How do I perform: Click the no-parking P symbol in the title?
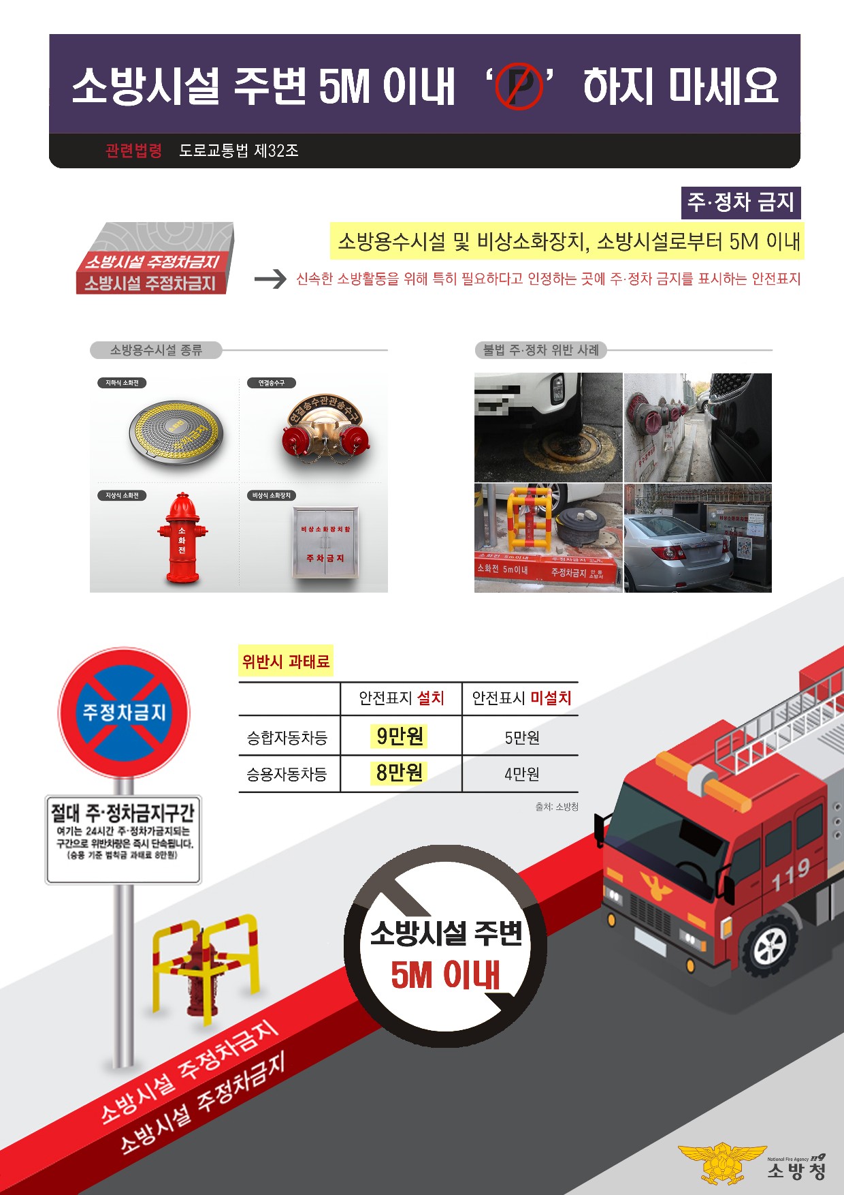coord(518,87)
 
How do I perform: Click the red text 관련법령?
coord(133,151)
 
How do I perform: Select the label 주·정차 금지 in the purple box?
coord(741,202)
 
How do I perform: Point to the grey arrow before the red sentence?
coord(270,279)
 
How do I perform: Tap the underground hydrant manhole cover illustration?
coord(176,432)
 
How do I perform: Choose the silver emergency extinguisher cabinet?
coord(325,542)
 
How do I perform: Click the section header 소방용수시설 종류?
coord(156,350)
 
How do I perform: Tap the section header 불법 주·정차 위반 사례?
coord(540,350)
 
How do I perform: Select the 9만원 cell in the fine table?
coord(400,736)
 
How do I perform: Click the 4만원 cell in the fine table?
coord(521,774)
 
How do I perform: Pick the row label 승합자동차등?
coord(287,737)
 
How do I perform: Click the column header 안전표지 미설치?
coord(521,698)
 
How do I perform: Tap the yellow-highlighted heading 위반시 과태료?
coord(285,662)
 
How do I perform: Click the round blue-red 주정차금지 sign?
coord(124,713)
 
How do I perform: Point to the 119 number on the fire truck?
coord(790,874)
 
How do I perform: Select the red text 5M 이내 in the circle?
coord(445,975)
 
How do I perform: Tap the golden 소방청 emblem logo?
coord(721,1163)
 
